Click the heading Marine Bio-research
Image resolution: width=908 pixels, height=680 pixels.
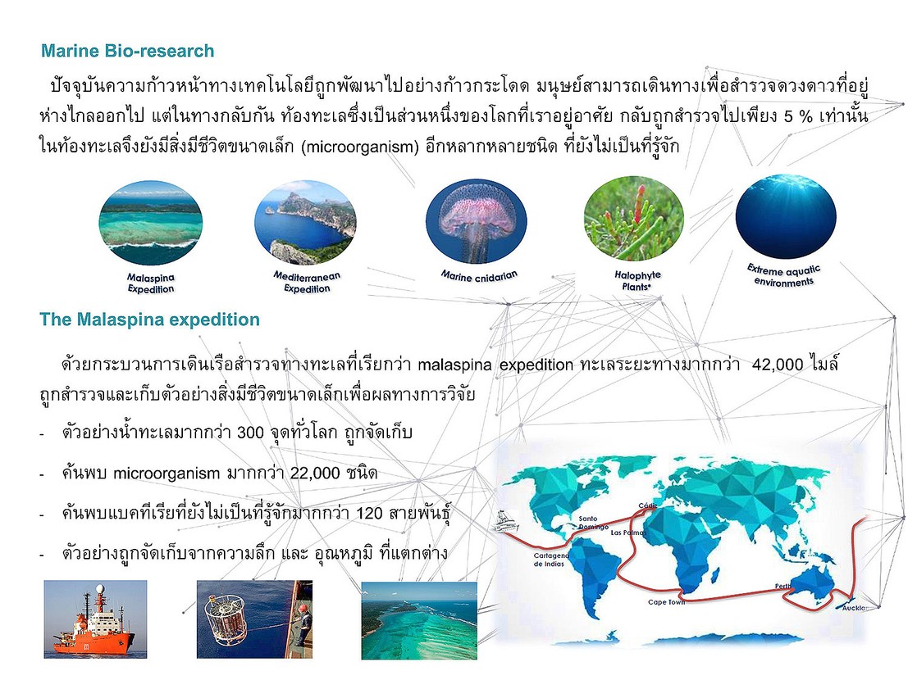click(127, 51)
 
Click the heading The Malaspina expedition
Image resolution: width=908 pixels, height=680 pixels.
click(149, 320)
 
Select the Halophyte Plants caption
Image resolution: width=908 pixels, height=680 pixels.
click(637, 280)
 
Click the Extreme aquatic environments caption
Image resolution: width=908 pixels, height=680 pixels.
click(783, 276)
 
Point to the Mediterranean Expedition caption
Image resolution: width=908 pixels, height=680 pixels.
click(307, 282)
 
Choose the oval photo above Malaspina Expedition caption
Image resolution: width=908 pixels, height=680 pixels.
click(151, 223)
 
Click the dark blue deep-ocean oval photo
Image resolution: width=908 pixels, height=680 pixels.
click(786, 216)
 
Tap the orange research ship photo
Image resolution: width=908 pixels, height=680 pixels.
click(95, 619)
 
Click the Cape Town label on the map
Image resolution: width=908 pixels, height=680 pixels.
click(666, 602)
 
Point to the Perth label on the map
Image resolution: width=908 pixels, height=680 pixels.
click(783, 587)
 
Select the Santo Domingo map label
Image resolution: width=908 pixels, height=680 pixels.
click(593, 523)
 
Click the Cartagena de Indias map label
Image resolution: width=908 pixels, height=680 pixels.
click(551, 559)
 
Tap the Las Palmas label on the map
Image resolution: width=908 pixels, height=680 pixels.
click(628, 532)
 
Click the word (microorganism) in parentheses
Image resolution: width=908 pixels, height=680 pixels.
click(359, 147)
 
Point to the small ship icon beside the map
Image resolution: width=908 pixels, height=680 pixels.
click(508, 521)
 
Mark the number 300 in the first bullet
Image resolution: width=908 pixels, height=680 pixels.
click(250, 432)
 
